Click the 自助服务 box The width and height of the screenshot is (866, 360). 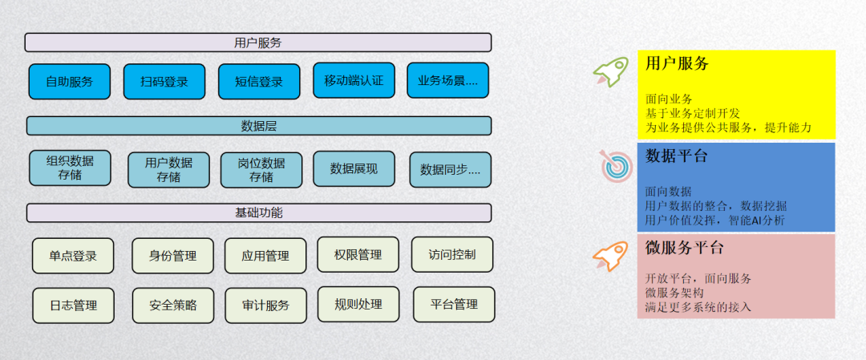click(x=69, y=81)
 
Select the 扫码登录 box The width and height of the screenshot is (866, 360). click(x=164, y=81)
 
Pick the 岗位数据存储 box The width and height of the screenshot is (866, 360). click(x=261, y=169)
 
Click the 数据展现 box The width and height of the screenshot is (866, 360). click(x=354, y=168)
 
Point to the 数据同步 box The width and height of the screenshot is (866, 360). click(x=450, y=169)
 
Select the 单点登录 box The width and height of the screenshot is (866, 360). click(x=73, y=256)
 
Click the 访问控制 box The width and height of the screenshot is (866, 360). click(x=452, y=254)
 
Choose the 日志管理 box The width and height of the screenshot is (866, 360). click(x=73, y=305)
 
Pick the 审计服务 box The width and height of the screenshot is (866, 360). click(x=265, y=305)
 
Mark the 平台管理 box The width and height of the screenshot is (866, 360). click(x=454, y=304)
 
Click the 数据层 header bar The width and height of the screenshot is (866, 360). click(x=258, y=126)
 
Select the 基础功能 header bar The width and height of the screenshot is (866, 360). click(x=258, y=212)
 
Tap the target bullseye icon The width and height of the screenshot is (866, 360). click(x=617, y=165)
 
